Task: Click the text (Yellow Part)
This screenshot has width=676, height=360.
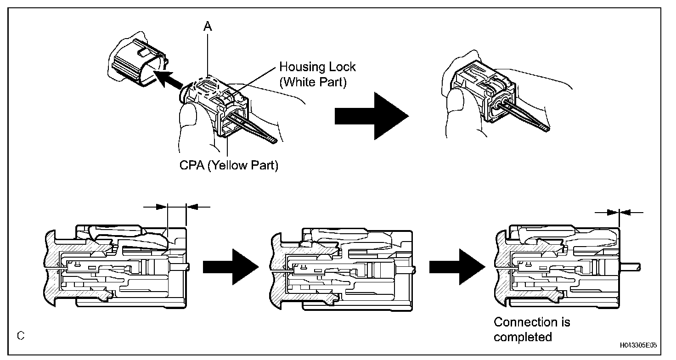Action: (x=243, y=165)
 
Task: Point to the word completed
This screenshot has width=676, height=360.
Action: (x=523, y=337)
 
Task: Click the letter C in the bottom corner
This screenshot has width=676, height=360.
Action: (x=20, y=336)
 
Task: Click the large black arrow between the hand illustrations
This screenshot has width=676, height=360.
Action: (x=371, y=115)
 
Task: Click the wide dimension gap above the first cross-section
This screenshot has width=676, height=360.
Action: (x=177, y=207)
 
